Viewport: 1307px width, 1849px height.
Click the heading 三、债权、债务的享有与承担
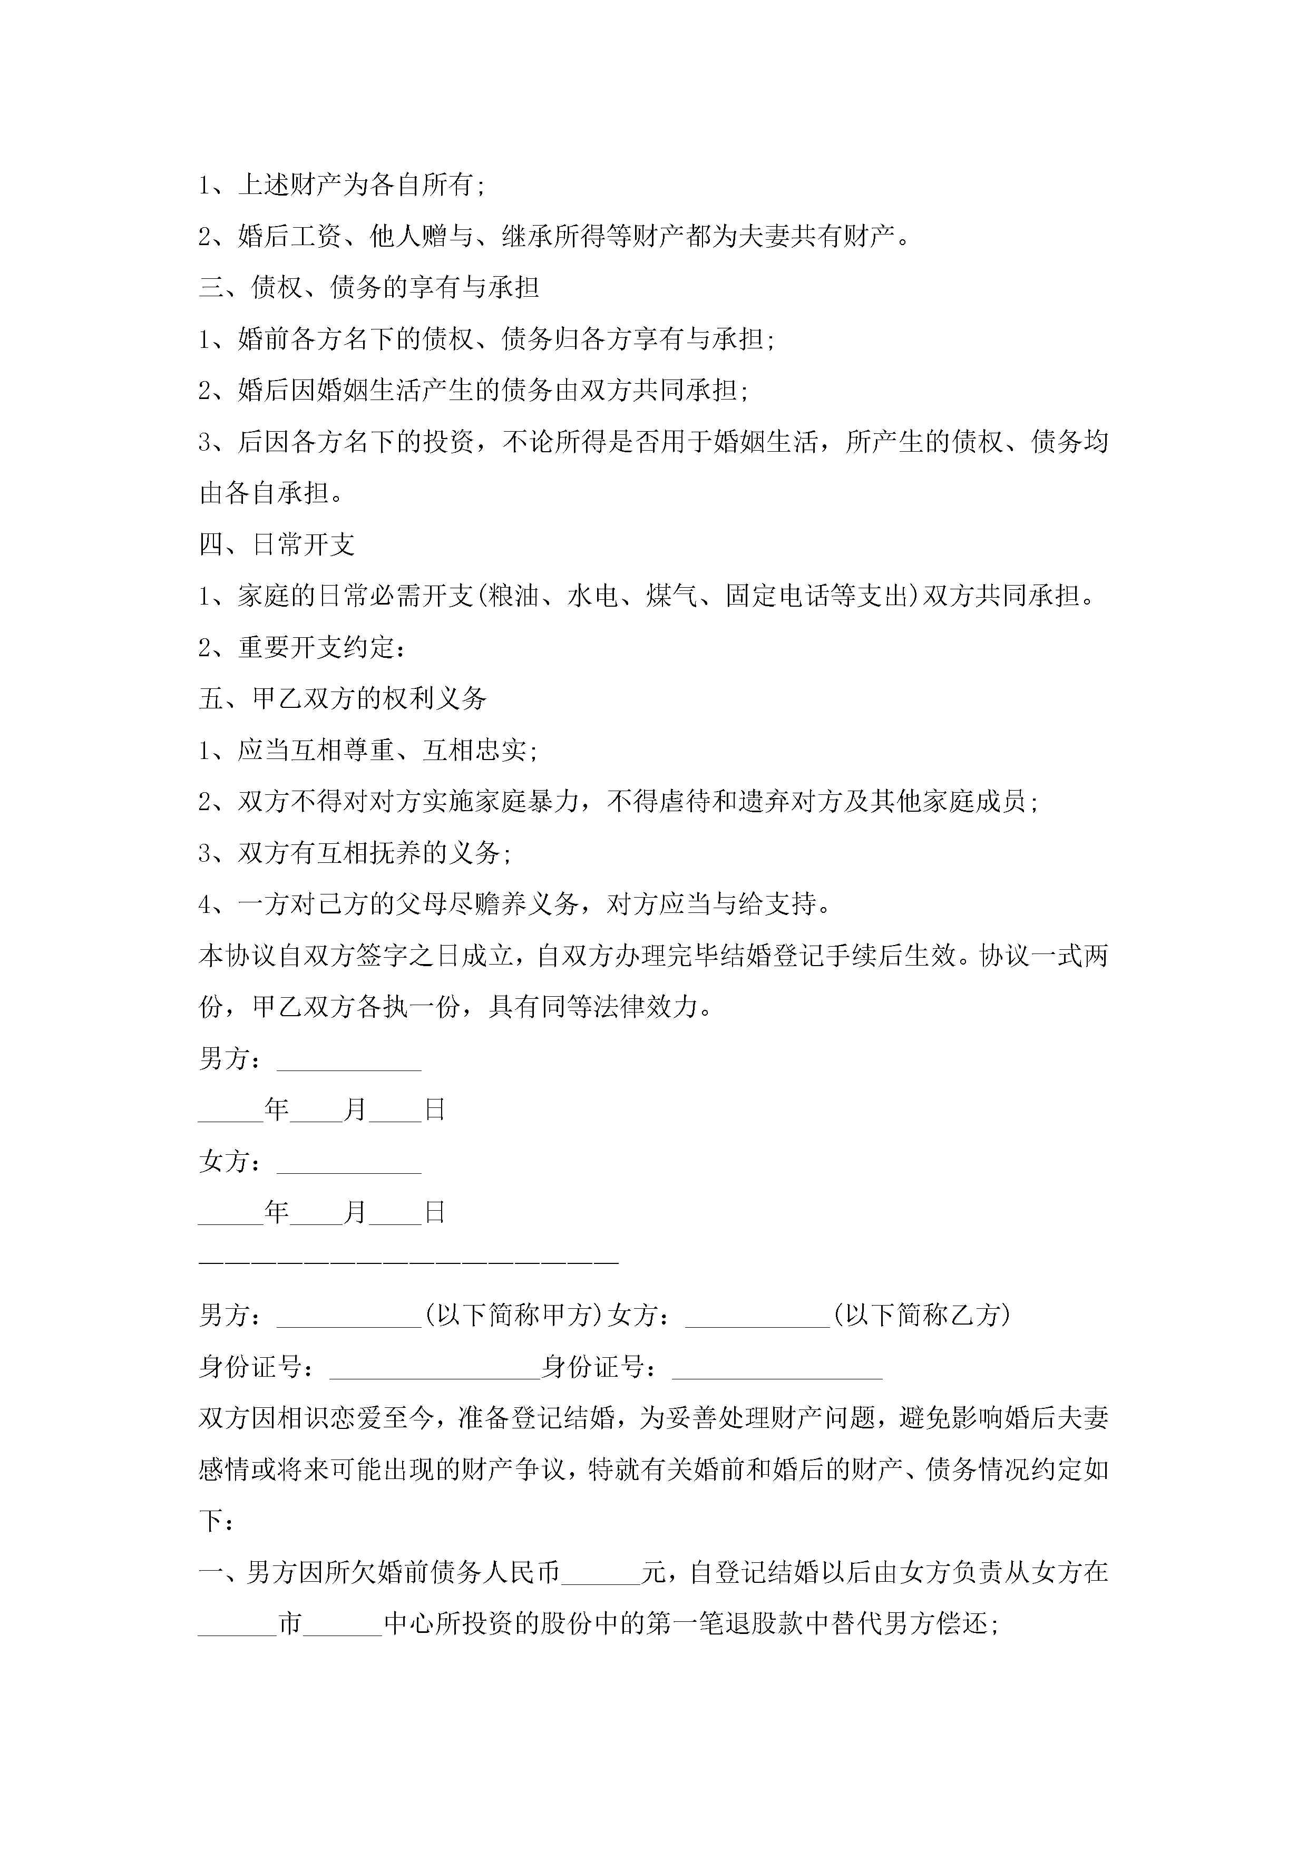click(369, 287)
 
